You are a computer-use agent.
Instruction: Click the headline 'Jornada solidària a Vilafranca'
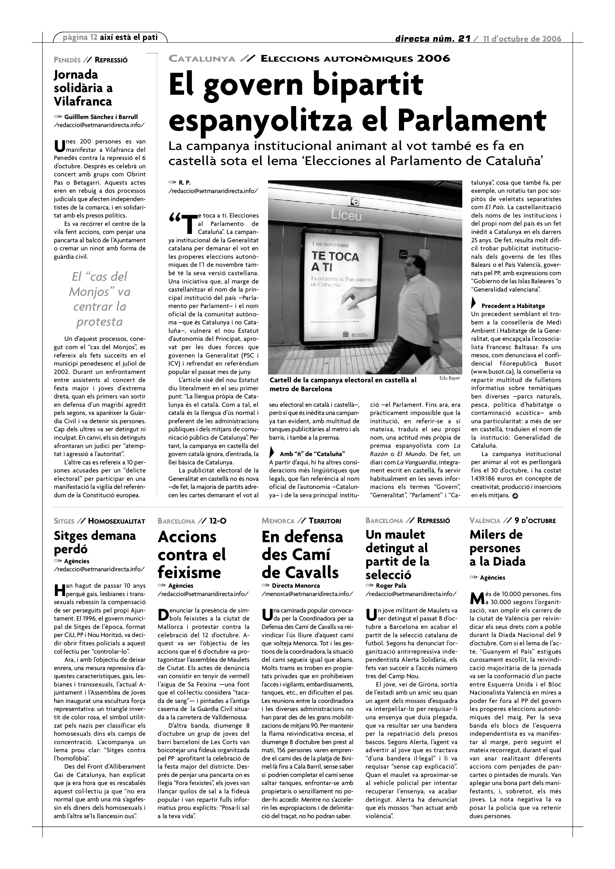click(83, 88)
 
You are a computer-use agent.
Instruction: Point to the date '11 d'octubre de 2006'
click(522, 38)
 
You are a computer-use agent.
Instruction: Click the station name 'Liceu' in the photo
click(346, 215)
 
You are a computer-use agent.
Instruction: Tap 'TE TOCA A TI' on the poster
click(335, 261)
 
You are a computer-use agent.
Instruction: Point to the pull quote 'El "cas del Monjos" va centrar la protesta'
click(100, 299)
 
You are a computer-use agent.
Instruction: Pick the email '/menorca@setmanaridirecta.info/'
click(307, 594)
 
